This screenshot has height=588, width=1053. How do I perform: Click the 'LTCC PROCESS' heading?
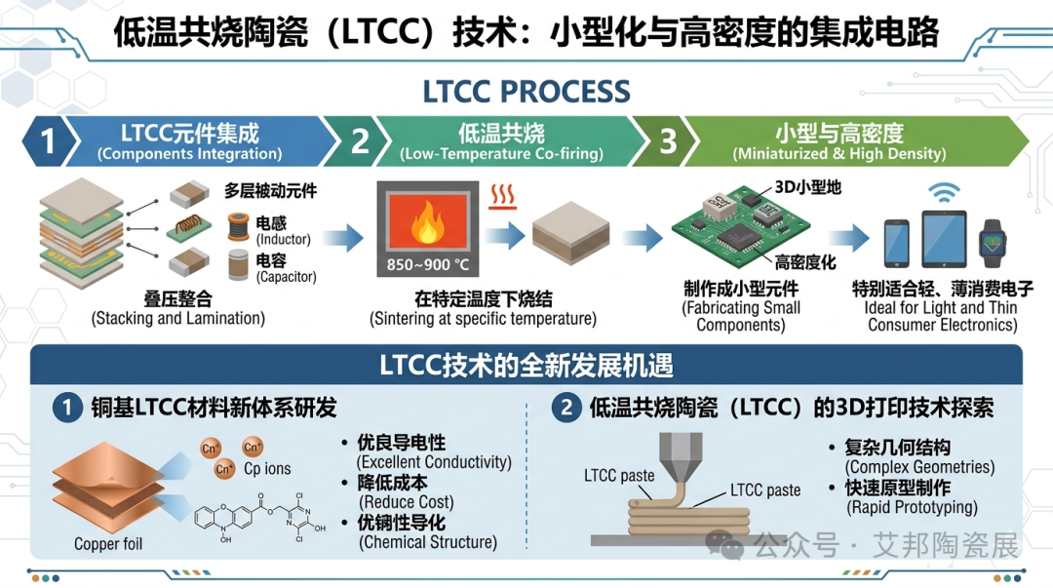coord(526,92)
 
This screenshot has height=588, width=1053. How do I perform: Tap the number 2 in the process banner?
coord(361,141)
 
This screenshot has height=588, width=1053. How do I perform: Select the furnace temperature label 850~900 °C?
coord(428,265)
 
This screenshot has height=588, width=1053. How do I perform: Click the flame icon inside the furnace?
coord(428,222)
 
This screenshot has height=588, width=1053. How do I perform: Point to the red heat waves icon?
coord(503,196)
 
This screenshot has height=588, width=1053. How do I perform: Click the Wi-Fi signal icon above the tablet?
coord(944,193)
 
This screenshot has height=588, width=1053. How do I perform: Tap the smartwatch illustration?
coord(993,243)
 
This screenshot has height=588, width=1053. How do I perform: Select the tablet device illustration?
coord(944,239)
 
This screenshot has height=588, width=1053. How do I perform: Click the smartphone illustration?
coord(897,243)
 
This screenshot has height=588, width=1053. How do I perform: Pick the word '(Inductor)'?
coord(283,239)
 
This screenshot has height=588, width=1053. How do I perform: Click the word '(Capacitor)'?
coord(286,277)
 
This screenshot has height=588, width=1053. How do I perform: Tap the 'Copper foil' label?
coord(108,544)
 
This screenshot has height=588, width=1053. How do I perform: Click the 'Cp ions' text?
coord(267,468)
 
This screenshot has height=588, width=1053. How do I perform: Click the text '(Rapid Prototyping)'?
coord(912,507)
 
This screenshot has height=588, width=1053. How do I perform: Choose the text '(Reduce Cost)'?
coord(407,502)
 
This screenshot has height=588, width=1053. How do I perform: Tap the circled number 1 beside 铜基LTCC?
coord(67,408)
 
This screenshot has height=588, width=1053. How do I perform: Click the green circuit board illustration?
coord(740,227)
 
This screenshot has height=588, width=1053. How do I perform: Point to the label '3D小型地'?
coord(808,187)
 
